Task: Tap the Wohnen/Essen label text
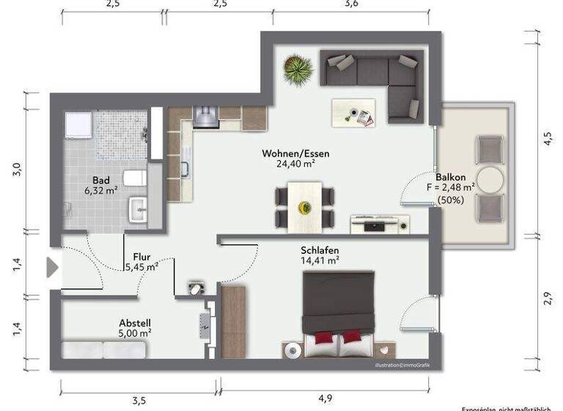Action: coord(295,154)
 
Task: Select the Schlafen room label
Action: coord(320,250)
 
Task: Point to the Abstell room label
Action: coord(135,322)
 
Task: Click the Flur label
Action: coord(141,257)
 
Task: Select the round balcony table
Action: coord(490,179)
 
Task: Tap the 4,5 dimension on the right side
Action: coord(547,139)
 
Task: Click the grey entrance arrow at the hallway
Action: coord(51,267)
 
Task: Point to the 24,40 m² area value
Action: coord(295,164)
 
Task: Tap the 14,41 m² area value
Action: coord(320,260)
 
